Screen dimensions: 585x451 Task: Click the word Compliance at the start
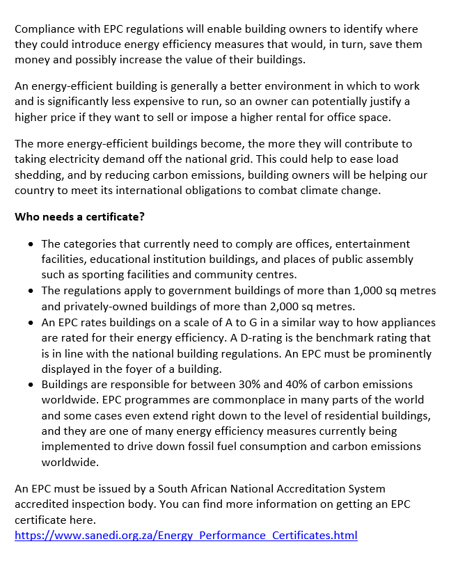click(44, 29)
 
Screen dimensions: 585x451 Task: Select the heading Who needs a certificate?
click(79, 216)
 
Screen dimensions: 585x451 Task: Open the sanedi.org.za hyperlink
click(186, 535)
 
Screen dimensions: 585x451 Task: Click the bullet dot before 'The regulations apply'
click(31, 291)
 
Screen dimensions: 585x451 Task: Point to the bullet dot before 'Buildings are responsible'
click(31, 385)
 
